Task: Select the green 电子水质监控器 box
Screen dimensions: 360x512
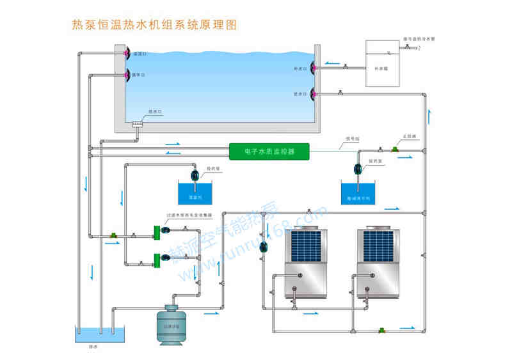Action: click(x=269, y=152)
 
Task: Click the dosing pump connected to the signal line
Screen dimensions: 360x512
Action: click(x=358, y=169)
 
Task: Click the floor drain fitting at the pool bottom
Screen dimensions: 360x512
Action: click(x=138, y=124)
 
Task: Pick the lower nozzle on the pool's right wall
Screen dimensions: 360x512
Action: click(x=313, y=95)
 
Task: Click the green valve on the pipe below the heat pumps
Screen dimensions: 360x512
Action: click(x=382, y=329)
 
